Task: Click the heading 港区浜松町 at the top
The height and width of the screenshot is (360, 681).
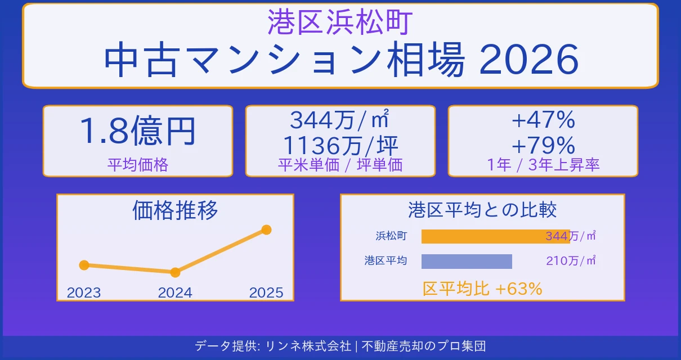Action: click(x=340, y=22)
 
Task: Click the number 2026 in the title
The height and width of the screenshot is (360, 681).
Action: click(x=529, y=61)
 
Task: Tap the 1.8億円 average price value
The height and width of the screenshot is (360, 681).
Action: click(x=137, y=132)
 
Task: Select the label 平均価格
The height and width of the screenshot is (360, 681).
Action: click(x=137, y=165)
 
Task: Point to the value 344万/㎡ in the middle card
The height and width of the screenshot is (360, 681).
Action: click(x=340, y=120)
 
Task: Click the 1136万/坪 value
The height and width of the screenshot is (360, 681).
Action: click(x=340, y=146)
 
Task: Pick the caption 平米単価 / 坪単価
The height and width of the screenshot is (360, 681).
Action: click(x=340, y=165)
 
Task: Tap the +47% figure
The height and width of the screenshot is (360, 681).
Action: click(x=543, y=120)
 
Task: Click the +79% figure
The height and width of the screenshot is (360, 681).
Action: click(x=543, y=146)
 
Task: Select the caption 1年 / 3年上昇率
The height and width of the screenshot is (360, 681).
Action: click(x=543, y=165)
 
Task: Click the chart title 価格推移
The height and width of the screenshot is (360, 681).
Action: click(x=175, y=210)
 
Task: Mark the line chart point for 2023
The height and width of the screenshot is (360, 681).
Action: click(x=84, y=265)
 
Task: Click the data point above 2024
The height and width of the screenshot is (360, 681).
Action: click(x=175, y=272)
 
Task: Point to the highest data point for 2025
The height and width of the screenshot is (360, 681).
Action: click(x=267, y=229)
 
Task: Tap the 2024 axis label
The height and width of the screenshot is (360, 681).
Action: click(x=175, y=292)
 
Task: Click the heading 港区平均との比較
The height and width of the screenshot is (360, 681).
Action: click(x=482, y=210)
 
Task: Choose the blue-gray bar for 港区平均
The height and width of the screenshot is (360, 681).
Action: click(x=467, y=262)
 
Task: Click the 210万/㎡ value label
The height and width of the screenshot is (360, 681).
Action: click(x=571, y=261)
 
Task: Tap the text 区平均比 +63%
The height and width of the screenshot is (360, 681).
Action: click(x=482, y=289)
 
